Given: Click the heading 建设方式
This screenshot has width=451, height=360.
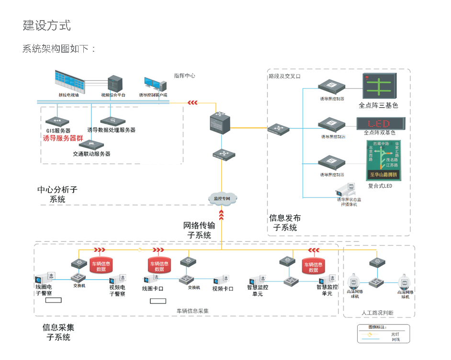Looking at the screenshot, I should coord(47,25).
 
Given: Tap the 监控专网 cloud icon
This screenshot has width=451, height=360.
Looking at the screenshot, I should coord(222,198).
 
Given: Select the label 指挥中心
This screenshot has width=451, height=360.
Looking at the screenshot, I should coord(184,76).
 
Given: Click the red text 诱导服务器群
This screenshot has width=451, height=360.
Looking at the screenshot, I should coord(63,138).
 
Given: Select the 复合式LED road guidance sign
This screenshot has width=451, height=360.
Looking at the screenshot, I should coord(383,160).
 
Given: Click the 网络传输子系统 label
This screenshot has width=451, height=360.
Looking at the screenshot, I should coord(199,230).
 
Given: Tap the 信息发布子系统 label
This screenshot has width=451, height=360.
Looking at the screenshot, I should coord(285,223).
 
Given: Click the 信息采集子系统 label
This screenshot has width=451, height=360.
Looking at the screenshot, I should coord(58,332).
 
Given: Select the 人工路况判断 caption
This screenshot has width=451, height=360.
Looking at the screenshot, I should coord(378,313).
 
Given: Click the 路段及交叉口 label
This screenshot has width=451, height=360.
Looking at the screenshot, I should coord(284,76).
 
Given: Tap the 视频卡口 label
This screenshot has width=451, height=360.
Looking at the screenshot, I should coord(223,289).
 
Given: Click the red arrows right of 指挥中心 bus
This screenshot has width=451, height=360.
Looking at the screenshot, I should coord(192,102).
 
